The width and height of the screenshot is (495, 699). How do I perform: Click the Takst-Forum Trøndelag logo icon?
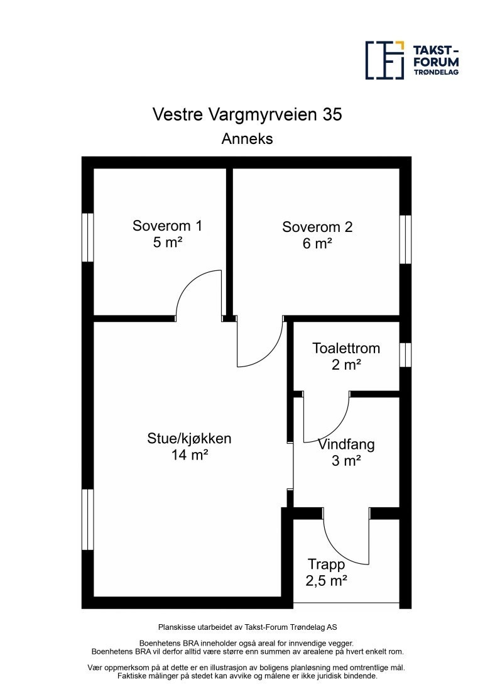pos(384,60)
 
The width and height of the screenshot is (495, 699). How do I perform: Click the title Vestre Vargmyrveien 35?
pos(247,114)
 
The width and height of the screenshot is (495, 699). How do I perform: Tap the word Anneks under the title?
pos(247,139)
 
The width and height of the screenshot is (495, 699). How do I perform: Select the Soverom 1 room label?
pos(167,226)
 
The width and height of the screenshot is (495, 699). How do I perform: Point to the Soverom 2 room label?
pos(317,227)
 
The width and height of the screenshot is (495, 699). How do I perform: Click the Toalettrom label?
pos(347,348)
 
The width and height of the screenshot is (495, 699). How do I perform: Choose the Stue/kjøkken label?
pos(189,439)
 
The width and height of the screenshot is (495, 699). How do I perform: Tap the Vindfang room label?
pos(346,444)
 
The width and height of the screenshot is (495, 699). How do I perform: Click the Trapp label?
pos(327,564)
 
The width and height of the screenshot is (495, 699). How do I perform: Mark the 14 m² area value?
pos(190,455)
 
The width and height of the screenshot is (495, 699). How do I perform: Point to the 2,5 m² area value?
pos(327,580)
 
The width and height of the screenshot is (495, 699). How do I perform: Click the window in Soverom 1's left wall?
pos(88,237)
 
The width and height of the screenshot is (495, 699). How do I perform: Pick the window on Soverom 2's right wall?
pos(406,239)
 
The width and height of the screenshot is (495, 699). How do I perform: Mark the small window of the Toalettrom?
pos(406,355)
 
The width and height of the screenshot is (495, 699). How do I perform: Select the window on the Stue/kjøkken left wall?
pos(88,519)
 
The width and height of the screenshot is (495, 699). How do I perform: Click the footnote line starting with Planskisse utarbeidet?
pos(247,627)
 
